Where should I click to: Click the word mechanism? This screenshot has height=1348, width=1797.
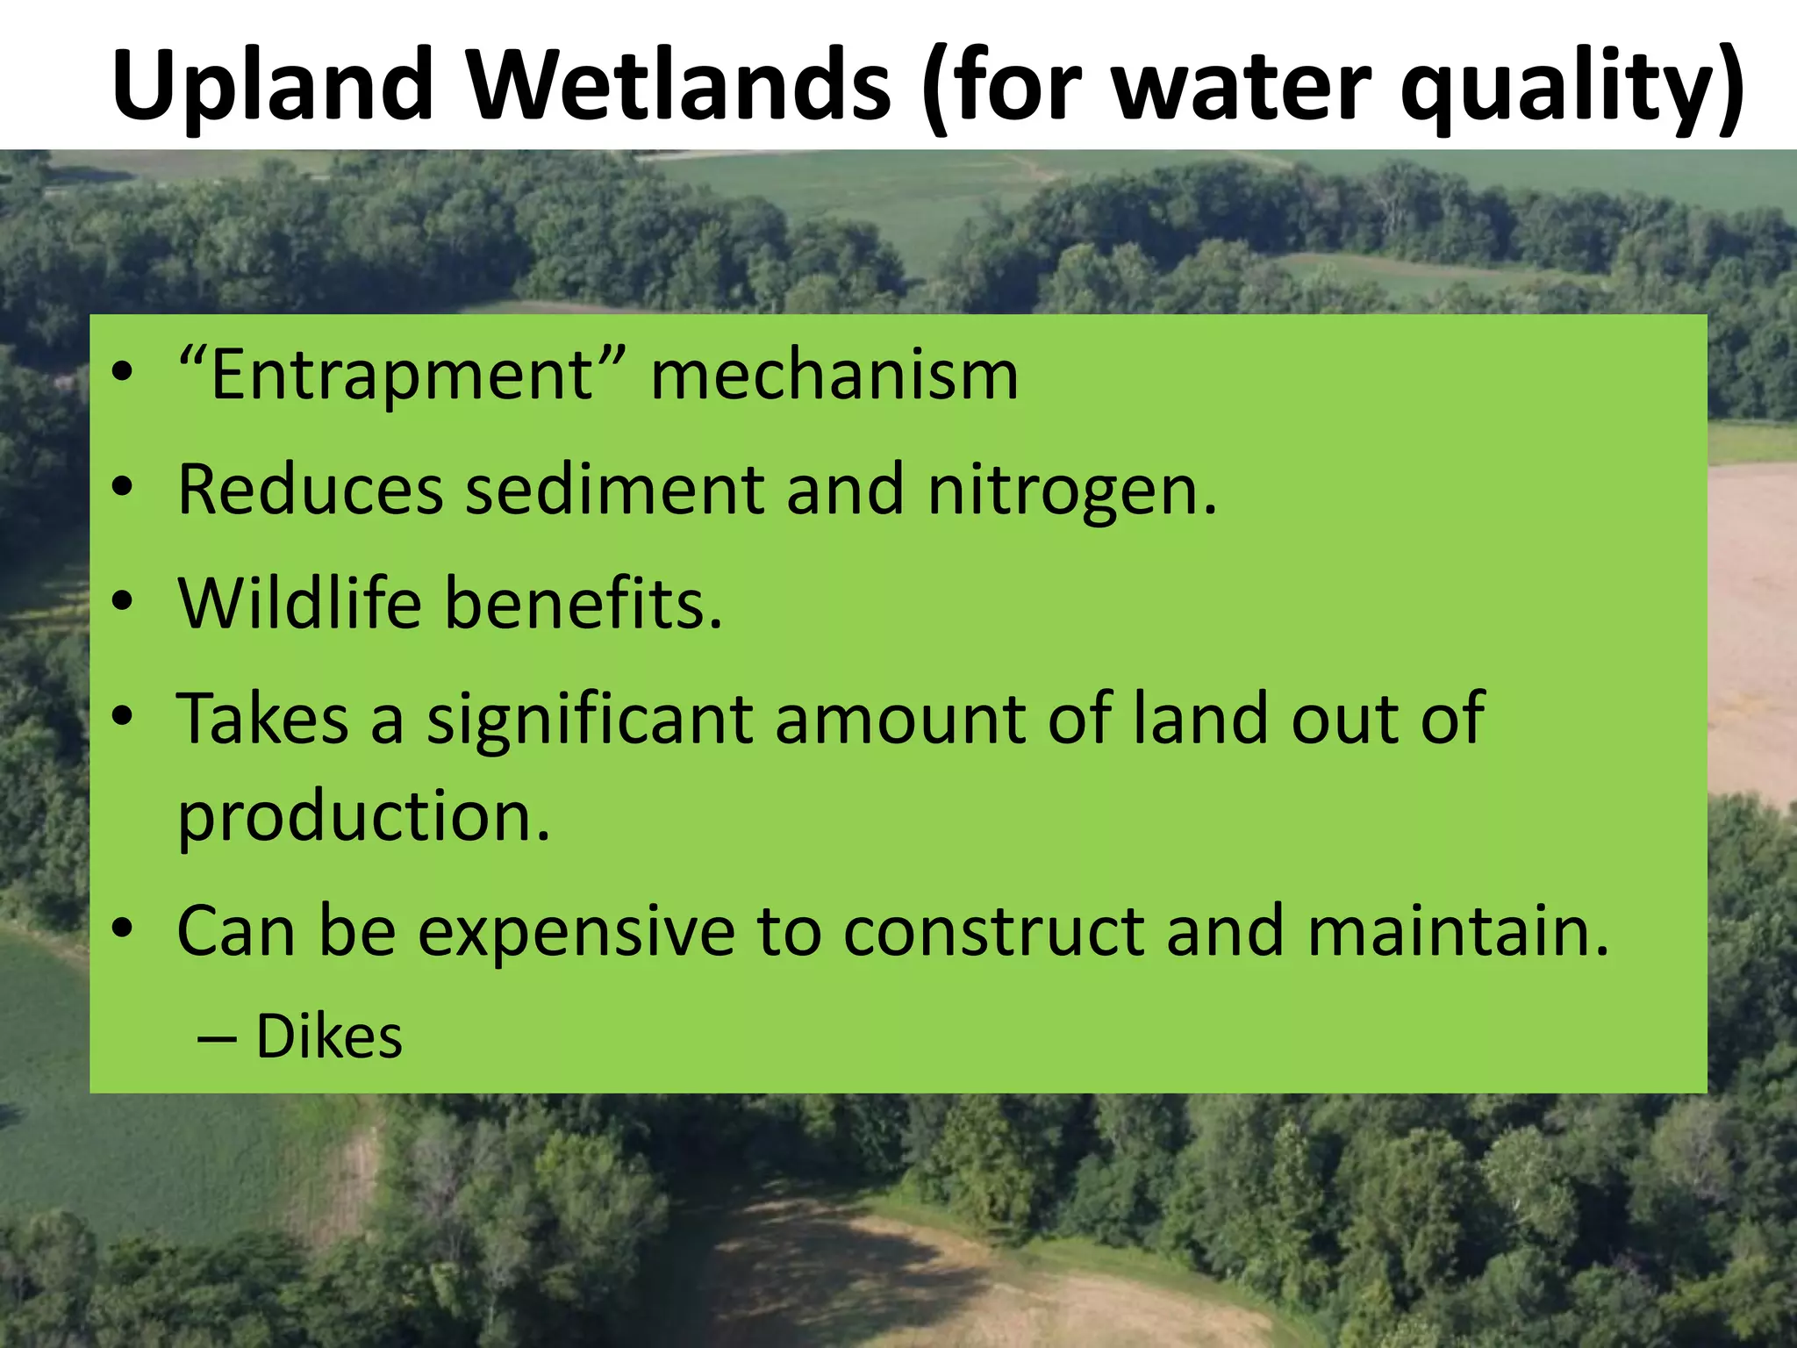coord(834,376)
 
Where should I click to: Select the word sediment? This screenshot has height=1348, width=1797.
coord(614,490)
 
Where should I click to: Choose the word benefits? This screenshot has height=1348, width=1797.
coord(583,604)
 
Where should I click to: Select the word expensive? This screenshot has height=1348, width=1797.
coord(576,931)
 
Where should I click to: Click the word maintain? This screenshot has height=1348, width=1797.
coord(1457,931)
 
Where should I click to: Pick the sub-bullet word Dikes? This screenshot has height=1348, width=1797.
coord(329,1037)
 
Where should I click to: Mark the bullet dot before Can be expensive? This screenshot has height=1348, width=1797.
coord(123,929)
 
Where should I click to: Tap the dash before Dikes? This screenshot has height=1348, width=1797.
coord(217,1039)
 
